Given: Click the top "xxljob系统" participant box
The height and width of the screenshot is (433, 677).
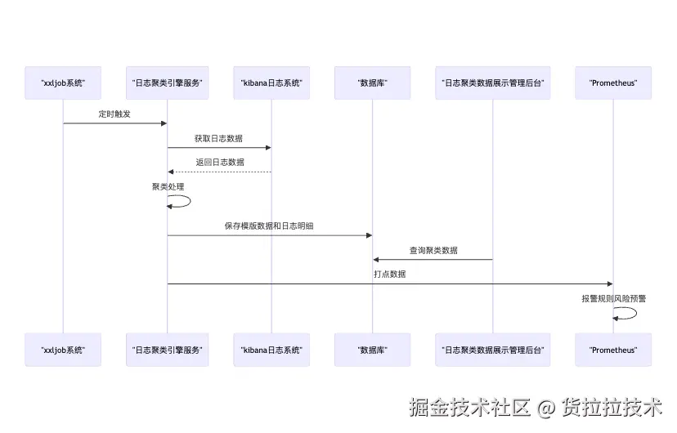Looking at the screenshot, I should pos(63,83).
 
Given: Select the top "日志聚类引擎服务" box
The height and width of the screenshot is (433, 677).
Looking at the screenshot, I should pos(167,83).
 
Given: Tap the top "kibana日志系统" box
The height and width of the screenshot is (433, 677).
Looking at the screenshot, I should pos(271,83).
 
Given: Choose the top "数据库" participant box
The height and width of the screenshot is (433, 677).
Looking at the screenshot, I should pos(372,83).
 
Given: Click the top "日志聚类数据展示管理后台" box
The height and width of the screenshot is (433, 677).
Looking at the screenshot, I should pos(492,83).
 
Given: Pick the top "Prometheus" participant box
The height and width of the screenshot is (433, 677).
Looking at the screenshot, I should pos(612,83).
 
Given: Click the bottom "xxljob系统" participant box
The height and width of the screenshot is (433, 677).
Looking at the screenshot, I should pos(63,350).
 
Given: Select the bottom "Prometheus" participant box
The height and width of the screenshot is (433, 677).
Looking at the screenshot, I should pos(612,350).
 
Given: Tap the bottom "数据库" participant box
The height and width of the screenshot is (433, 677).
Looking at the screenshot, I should pos(372,350).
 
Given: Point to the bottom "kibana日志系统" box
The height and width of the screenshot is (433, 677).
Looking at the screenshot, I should pos(271,350).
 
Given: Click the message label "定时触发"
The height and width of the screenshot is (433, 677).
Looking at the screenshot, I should pos(114,114).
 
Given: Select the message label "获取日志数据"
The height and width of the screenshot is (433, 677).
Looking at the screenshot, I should pos(218,138).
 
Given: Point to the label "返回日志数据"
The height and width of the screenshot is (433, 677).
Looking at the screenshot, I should pos(220,162).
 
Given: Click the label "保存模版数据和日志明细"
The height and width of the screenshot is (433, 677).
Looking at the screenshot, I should pos(270,225).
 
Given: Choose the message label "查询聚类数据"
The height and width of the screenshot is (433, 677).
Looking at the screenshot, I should pos(433,250).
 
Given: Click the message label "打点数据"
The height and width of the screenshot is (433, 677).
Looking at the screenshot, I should pos(390,275).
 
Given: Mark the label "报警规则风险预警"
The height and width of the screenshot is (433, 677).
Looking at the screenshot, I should pos(613,299).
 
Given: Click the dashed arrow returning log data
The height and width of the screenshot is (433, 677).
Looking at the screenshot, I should pos(219,172).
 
